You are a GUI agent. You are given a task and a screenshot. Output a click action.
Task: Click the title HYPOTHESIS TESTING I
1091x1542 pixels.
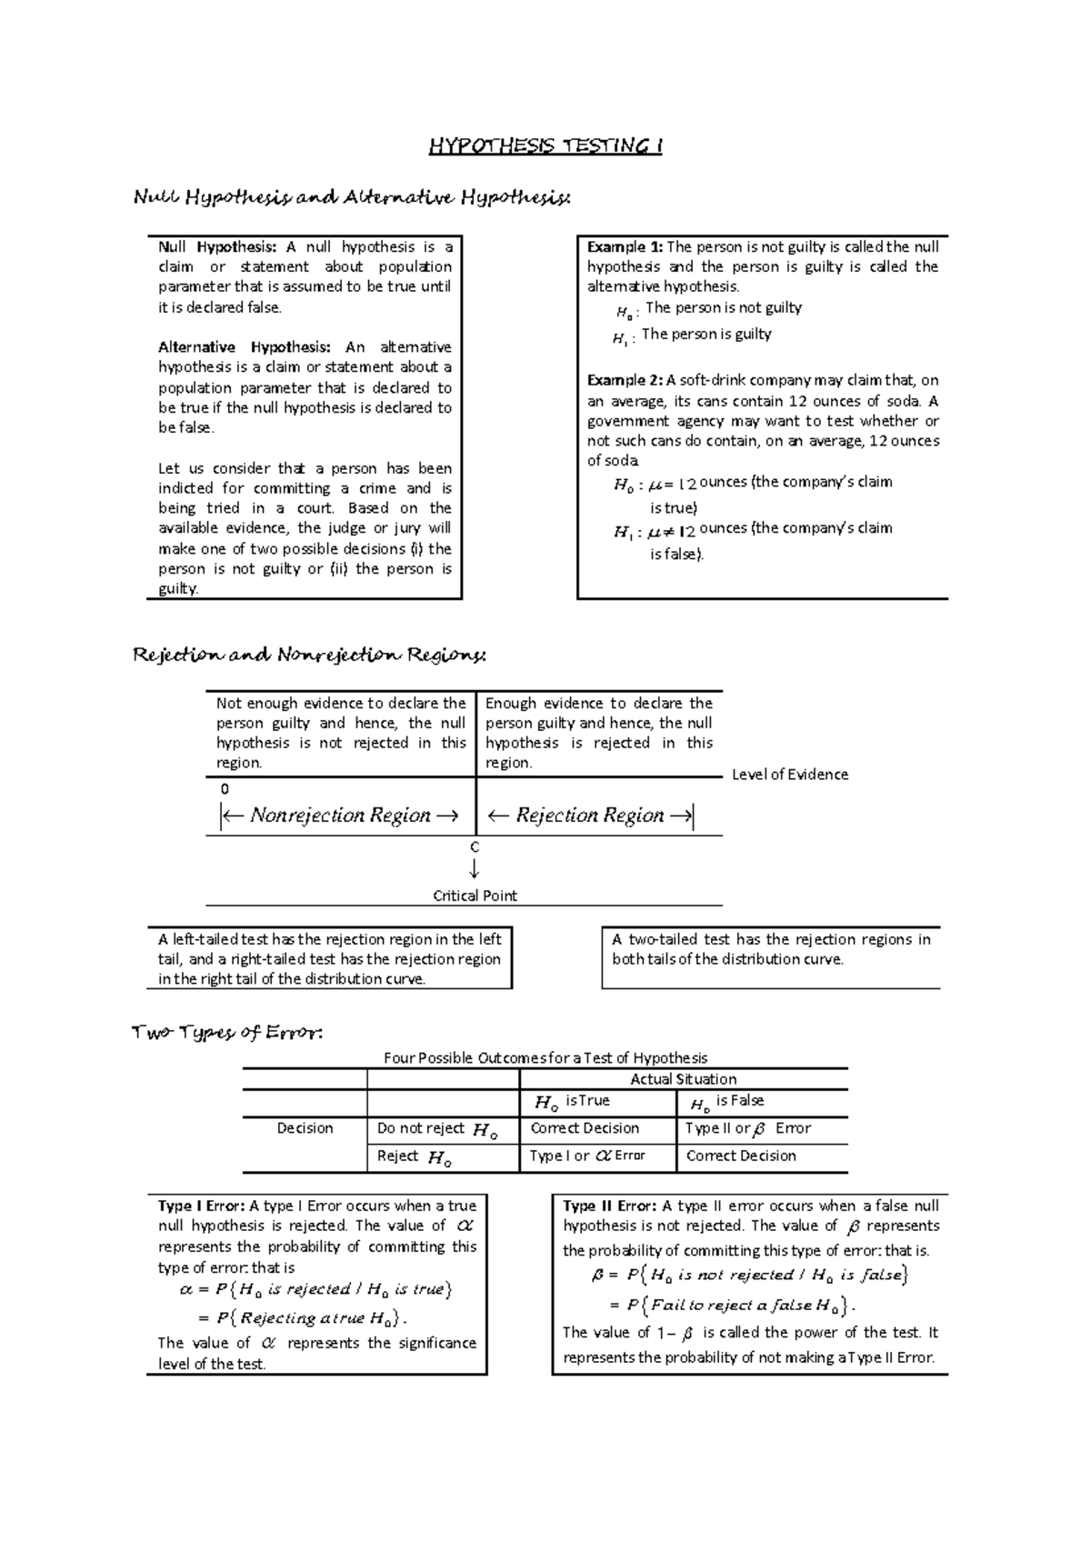545,146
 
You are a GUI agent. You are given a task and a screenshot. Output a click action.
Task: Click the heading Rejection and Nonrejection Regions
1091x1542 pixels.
310,655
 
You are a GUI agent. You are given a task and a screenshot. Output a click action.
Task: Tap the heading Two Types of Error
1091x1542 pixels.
227,1032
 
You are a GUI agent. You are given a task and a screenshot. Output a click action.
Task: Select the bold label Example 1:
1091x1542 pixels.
626,246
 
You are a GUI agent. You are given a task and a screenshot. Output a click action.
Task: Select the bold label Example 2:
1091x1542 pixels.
626,380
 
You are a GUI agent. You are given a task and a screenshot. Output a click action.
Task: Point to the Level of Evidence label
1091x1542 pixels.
789,775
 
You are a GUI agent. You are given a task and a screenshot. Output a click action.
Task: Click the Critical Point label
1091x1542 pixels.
475,896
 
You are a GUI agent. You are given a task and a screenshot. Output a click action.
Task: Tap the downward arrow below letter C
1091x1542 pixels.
475,870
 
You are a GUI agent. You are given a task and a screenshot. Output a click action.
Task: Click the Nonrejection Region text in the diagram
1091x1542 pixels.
340,815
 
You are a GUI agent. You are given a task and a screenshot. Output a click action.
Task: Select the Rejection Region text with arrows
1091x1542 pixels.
589,815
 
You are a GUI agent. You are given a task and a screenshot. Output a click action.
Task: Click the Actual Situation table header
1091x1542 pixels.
683,1079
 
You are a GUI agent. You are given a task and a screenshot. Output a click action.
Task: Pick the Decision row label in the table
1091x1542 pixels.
305,1128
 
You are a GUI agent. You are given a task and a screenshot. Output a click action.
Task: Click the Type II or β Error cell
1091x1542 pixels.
747,1128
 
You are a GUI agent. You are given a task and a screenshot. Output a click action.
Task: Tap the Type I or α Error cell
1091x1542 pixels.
587,1156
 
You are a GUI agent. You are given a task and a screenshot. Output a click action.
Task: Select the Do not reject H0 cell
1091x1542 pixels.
437,1129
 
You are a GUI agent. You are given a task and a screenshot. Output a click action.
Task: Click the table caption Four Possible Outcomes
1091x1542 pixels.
545,1057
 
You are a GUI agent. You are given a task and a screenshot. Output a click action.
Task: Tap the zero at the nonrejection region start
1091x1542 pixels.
225,789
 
